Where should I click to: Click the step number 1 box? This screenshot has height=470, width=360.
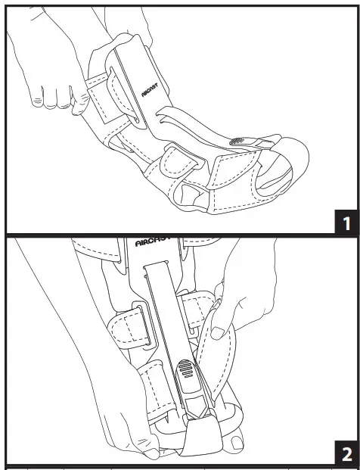(x=344, y=223)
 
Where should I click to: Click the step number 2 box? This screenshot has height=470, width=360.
(x=344, y=455)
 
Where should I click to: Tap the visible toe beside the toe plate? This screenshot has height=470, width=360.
(x=237, y=442)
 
